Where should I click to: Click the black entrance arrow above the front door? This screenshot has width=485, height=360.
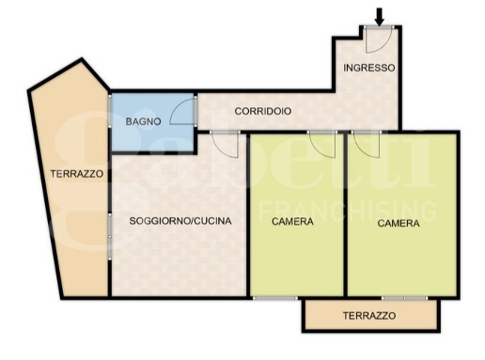[x=380, y=17]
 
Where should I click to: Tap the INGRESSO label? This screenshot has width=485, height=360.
[x=369, y=68]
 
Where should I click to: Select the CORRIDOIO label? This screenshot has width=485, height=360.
[x=263, y=111]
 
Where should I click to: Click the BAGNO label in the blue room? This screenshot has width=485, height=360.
[x=143, y=121]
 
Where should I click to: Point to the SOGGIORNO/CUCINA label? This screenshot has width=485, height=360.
[x=180, y=221]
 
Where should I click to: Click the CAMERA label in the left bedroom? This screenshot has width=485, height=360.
[x=292, y=222]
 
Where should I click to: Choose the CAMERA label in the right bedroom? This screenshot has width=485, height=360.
[x=399, y=223]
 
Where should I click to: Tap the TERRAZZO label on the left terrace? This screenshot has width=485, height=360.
[x=77, y=174]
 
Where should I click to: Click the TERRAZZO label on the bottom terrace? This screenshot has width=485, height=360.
[x=369, y=315]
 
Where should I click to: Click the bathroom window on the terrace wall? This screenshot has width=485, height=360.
[x=110, y=111]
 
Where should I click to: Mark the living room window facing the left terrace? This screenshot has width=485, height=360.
[x=110, y=237]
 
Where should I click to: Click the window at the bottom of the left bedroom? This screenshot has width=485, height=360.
[x=275, y=298]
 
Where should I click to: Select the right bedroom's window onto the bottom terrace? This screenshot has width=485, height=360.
[x=404, y=298]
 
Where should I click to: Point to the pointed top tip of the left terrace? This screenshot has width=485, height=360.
[x=82, y=59]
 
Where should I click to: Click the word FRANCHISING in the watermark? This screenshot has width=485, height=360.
[x=347, y=211]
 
